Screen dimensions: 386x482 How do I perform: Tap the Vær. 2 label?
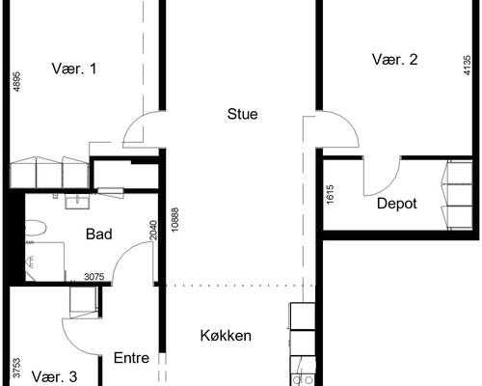pyautogui.click(x=395, y=60)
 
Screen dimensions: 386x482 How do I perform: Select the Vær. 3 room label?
pyautogui.click(x=54, y=375)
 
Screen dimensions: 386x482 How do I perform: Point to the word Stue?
pyautogui.click(x=242, y=114)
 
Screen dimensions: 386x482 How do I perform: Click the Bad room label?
pyautogui.click(x=98, y=234)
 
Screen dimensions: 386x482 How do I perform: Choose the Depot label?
pyautogui.click(x=397, y=204)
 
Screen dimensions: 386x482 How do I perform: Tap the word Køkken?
pyautogui.click(x=226, y=336)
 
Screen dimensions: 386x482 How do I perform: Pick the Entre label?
pyautogui.click(x=131, y=357)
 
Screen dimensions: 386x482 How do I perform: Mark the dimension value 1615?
pyautogui.click(x=331, y=193)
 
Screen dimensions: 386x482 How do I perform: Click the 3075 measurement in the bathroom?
pyautogui.click(x=94, y=278)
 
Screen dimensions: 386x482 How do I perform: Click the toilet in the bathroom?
pyautogui.click(x=37, y=229)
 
